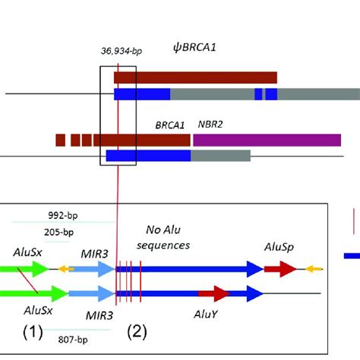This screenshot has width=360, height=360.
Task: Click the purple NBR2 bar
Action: pyautogui.click(x=267, y=140)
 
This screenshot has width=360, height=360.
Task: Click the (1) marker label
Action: pyautogui.click(x=33, y=330)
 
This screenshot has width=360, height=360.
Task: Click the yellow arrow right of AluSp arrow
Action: pyautogui.click(x=313, y=269)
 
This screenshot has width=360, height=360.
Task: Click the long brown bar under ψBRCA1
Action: pyautogui.click(x=195, y=77)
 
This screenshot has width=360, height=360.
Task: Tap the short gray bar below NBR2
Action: pyautogui.click(x=220, y=156)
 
